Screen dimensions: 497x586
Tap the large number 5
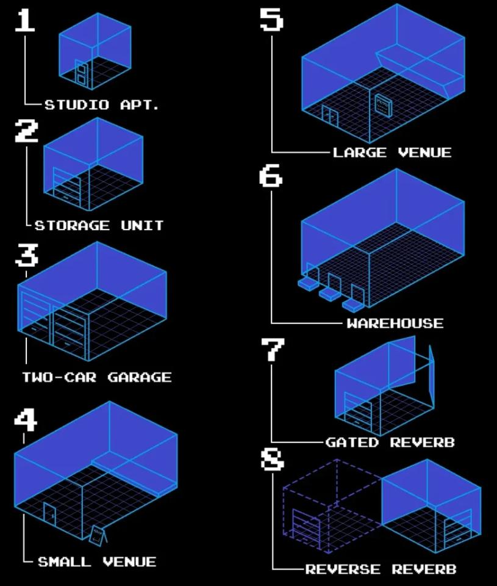point(271,19)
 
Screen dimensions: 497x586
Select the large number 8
point(272,459)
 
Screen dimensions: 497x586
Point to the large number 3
point(26,255)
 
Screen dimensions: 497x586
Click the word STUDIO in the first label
point(77,104)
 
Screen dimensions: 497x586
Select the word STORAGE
point(73,225)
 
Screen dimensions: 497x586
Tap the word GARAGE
point(140,377)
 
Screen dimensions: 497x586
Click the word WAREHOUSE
point(395,323)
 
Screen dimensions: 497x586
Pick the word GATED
point(352,443)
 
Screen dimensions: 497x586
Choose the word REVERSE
point(343,569)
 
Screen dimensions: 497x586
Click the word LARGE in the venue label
point(360,153)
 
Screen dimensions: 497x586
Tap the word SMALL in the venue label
point(65,562)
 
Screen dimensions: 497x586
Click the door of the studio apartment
point(81,73)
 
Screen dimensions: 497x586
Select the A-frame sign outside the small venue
point(98,535)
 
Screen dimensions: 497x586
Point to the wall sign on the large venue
point(383,106)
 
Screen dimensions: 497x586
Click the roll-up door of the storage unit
point(67,187)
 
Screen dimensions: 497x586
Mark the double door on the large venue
point(330,117)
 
